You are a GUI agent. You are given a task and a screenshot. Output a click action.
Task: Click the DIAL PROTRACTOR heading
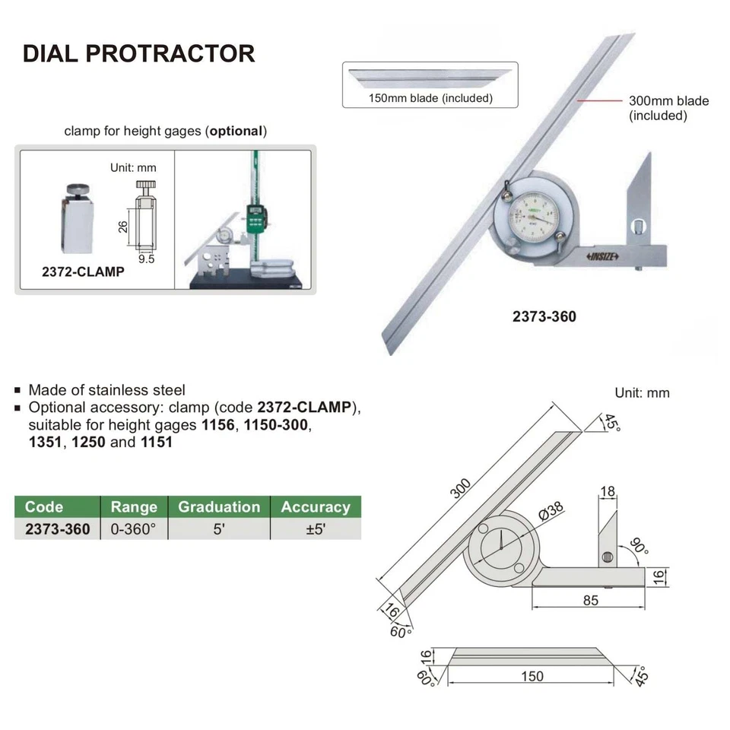(138, 53)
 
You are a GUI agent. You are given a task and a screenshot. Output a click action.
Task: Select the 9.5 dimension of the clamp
(148, 259)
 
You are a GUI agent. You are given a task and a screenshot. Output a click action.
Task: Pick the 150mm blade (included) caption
(430, 98)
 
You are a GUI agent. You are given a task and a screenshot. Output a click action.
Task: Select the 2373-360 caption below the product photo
(544, 316)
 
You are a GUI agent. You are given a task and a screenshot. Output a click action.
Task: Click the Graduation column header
(219, 507)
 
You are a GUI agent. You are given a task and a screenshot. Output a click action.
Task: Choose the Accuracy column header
(316, 507)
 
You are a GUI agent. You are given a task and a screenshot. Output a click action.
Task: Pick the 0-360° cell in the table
(133, 529)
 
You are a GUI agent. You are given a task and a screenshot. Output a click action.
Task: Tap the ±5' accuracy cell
(315, 529)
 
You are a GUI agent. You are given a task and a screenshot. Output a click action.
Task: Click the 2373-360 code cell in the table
(57, 529)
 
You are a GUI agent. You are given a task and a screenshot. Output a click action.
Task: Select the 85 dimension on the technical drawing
(590, 600)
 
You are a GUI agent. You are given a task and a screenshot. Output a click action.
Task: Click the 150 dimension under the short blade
(533, 676)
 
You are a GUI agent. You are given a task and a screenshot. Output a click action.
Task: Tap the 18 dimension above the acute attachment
(608, 493)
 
